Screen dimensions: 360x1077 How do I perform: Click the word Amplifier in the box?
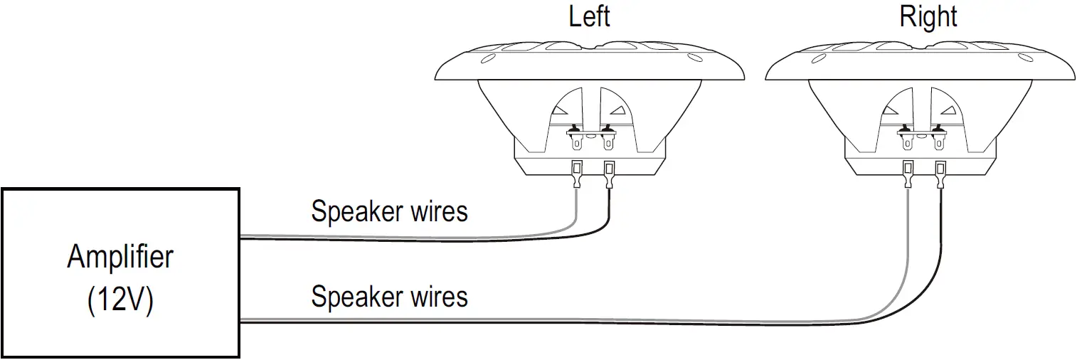[x=120, y=257]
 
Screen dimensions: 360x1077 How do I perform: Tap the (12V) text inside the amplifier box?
[x=120, y=301]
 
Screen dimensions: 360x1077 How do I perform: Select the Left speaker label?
[x=590, y=16]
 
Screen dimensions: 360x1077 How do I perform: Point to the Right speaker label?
[x=928, y=16]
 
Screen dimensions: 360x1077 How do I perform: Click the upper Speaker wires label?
[x=390, y=211]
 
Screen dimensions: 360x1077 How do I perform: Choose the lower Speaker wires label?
[x=390, y=296]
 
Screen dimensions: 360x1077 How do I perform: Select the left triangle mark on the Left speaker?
[x=561, y=110]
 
